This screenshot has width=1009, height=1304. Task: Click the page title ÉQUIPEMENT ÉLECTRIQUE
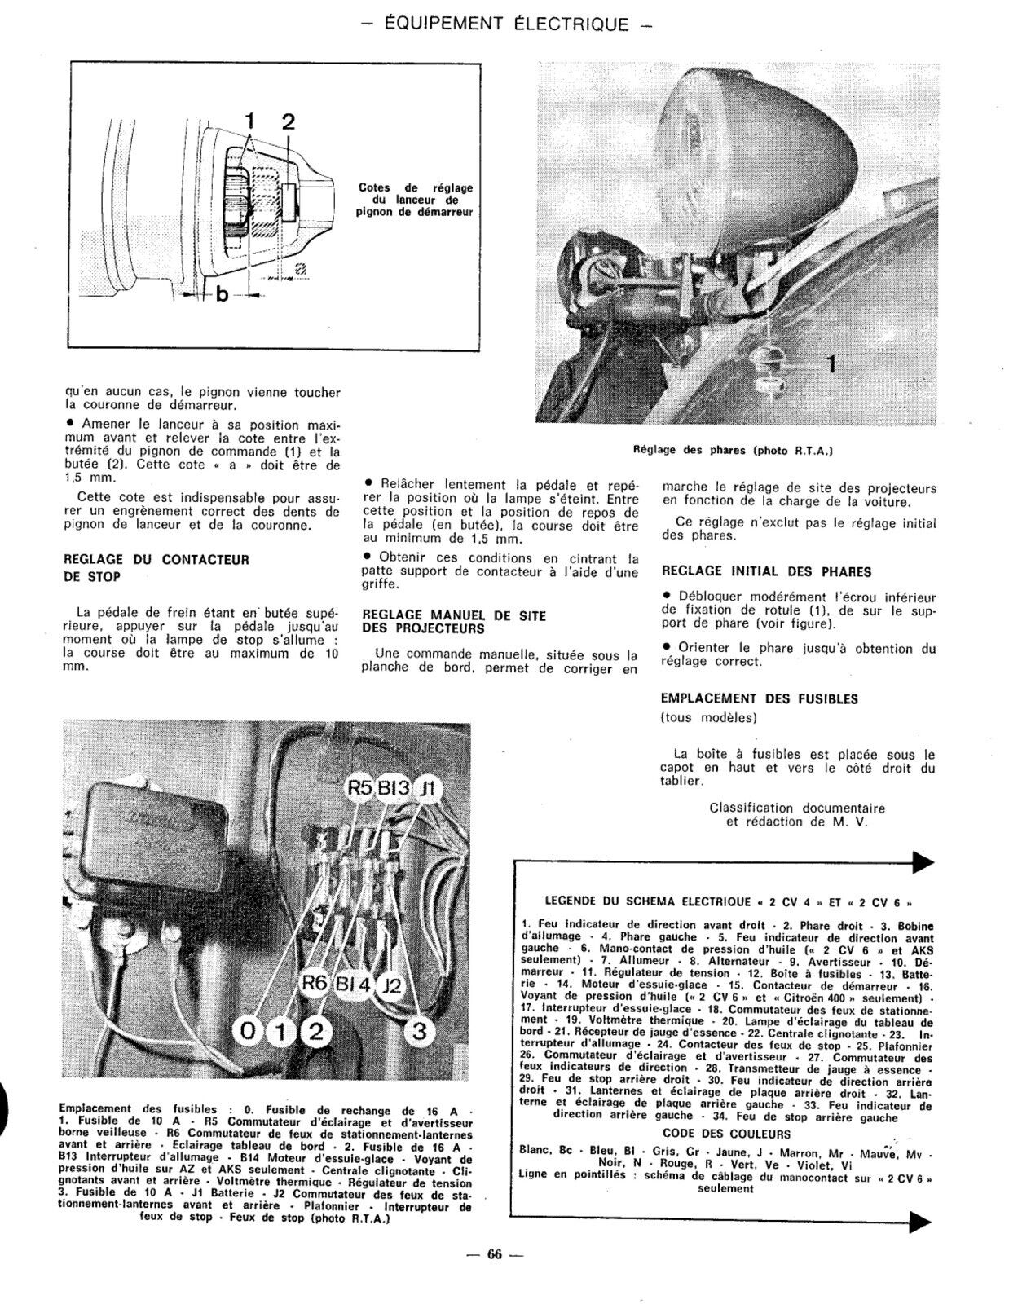[x=506, y=24]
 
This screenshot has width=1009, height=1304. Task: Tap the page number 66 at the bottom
[x=494, y=1255]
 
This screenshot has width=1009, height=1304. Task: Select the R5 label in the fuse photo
[x=359, y=788]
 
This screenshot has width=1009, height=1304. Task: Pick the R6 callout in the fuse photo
[x=315, y=984]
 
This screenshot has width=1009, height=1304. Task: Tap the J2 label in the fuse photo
[x=392, y=986]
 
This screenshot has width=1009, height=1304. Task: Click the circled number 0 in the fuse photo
[x=249, y=1032]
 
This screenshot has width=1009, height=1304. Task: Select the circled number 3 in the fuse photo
[x=419, y=1032]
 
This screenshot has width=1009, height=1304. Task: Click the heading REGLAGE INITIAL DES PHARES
[x=767, y=571]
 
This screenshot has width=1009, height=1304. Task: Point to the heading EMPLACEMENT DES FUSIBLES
[x=759, y=698]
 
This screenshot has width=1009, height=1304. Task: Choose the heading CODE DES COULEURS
[x=726, y=1134]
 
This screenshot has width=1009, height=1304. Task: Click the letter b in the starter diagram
[x=221, y=295]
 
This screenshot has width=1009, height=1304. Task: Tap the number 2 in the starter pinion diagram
[x=288, y=122]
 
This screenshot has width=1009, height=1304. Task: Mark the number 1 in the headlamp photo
[x=831, y=364]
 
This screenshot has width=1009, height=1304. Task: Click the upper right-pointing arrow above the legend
[x=921, y=861]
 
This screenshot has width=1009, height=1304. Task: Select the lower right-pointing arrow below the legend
[x=921, y=1220]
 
